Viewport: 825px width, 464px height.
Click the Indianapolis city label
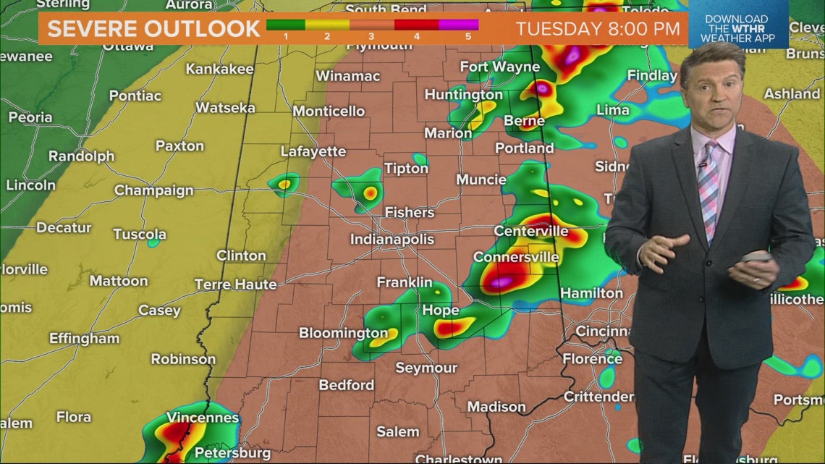click(392, 239)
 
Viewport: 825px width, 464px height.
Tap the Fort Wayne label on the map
click(499, 67)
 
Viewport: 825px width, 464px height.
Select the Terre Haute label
click(236, 284)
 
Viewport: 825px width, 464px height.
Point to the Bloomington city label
click(343, 333)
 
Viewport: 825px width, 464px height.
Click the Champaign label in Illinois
click(153, 191)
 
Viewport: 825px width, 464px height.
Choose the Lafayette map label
click(313, 152)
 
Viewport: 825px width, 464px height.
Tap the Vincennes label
click(203, 418)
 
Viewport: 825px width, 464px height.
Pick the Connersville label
click(516, 257)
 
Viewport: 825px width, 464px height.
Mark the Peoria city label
click(30, 117)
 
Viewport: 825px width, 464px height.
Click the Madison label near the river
click(496, 407)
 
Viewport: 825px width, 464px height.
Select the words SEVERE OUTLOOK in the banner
click(153, 29)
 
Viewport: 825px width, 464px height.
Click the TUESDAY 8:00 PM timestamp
click(598, 29)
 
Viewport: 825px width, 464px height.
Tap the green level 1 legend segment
click(286, 24)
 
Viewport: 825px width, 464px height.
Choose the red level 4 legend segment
click(417, 24)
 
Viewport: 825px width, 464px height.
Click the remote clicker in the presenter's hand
click(755, 258)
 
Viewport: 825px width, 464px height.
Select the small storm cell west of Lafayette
click(284, 184)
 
